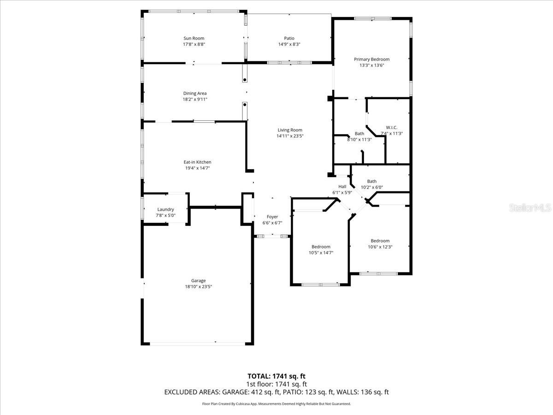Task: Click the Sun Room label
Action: click(x=194, y=38)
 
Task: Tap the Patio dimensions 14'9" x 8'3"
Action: click(x=289, y=45)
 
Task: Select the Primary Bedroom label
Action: click(x=371, y=59)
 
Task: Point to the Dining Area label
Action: click(x=195, y=93)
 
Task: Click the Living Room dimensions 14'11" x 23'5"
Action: click(x=290, y=136)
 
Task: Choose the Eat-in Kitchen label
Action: click(x=197, y=162)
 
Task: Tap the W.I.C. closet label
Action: click(x=392, y=127)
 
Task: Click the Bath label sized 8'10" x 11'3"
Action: click(x=359, y=133)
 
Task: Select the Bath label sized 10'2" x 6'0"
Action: click(x=371, y=181)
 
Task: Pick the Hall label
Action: click(x=342, y=186)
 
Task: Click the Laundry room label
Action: click(x=165, y=209)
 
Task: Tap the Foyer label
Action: click(x=272, y=217)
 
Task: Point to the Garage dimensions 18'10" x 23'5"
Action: click(x=198, y=286)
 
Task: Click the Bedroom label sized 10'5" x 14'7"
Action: click(x=321, y=247)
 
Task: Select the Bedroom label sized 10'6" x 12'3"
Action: click(x=380, y=241)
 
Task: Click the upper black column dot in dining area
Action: click(x=245, y=80)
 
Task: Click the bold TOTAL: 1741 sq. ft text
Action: click(x=276, y=376)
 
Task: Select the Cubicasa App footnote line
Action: click(x=276, y=403)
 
